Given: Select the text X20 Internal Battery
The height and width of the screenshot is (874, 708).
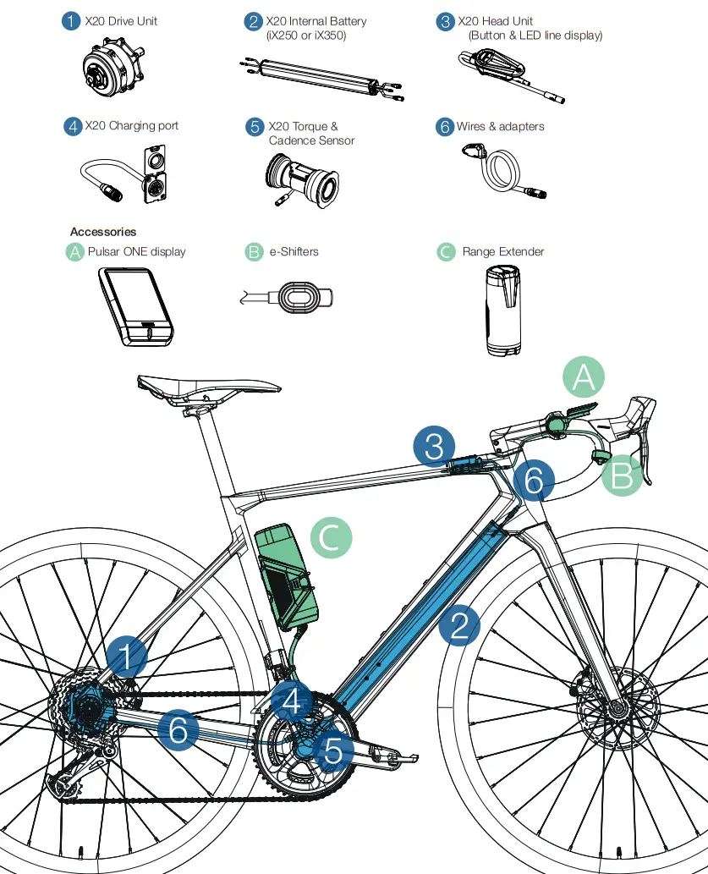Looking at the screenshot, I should [316, 21].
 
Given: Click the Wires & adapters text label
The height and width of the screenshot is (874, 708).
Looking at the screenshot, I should [500, 127].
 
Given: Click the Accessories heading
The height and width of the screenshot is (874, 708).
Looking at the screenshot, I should [103, 232].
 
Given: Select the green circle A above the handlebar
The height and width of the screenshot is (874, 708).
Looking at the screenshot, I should [584, 377].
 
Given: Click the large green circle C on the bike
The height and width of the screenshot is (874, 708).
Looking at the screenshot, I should [331, 537].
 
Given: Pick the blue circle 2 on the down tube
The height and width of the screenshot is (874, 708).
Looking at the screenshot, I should [459, 626].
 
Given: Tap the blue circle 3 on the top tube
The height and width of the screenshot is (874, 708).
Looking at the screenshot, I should [435, 446].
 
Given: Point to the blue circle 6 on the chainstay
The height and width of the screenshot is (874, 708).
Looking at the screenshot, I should [178, 729].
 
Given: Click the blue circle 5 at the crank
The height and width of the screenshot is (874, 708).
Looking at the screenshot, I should [333, 750].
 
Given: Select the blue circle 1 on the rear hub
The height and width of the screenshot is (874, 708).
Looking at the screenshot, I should [127, 656].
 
